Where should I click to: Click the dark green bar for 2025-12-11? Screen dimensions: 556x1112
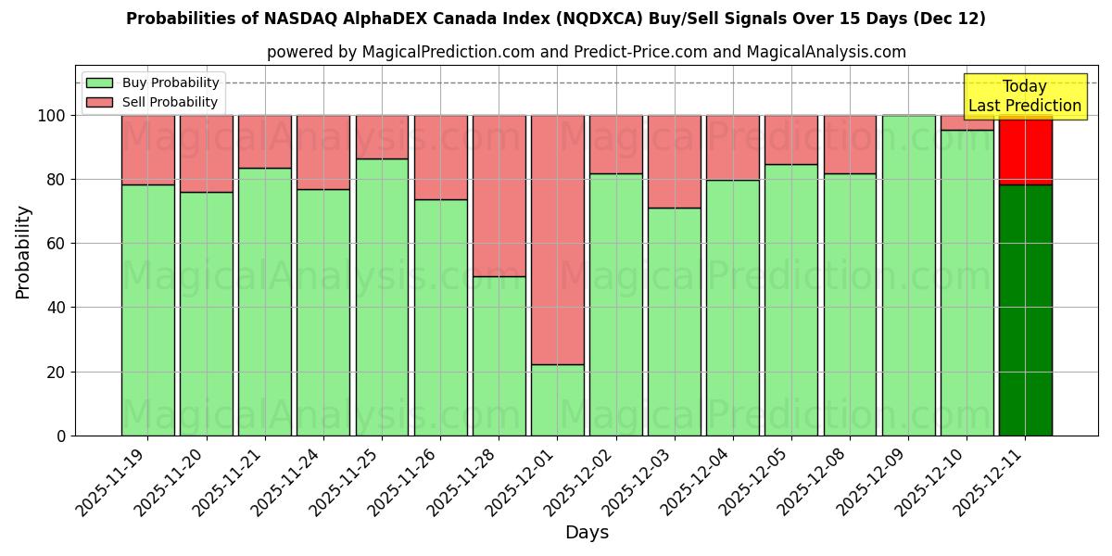(1025, 310)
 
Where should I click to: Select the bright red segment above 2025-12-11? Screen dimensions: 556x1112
(1025, 150)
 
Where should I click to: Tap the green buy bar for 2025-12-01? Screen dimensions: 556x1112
(557, 399)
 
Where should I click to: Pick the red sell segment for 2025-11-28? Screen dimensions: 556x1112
(499, 196)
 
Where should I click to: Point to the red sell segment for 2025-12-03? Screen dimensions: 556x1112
(674, 161)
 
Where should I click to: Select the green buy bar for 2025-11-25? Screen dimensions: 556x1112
(382, 297)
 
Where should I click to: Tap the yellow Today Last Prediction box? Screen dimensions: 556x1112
(1024, 96)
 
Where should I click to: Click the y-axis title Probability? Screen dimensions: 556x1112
(24, 251)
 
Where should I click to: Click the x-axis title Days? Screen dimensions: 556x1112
(587, 533)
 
